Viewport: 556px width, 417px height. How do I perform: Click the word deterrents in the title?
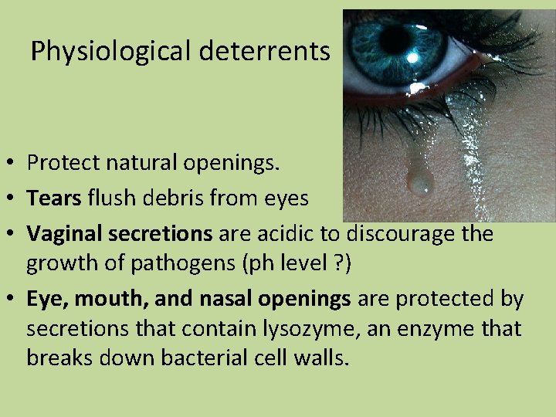(x=265, y=51)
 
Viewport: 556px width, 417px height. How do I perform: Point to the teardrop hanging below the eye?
(x=421, y=181)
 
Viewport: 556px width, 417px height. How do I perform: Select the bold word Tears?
(x=54, y=198)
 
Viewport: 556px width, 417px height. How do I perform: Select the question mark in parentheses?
(x=337, y=263)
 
